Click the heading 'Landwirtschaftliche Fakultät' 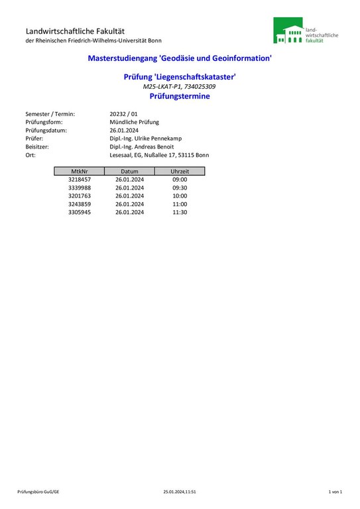click(75, 31)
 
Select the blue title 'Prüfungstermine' click(180, 96)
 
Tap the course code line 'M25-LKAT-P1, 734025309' click(180, 87)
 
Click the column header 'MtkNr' click(80, 171)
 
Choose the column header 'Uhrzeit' click(180, 171)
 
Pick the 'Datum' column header click(129, 171)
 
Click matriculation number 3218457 click(80, 180)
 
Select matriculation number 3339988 click(80, 188)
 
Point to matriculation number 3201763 click(80, 196)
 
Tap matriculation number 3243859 click(80, 204)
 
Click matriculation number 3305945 click(80, 212)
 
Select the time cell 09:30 click(180, 188)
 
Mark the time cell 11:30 click(180, 212)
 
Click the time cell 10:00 click(180, 196)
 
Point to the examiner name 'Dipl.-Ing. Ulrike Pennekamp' click(145, 139)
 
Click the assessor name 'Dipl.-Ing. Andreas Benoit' click(141, 146)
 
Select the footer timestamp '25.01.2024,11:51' click(180, 492)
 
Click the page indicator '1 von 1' click(335, 492)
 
